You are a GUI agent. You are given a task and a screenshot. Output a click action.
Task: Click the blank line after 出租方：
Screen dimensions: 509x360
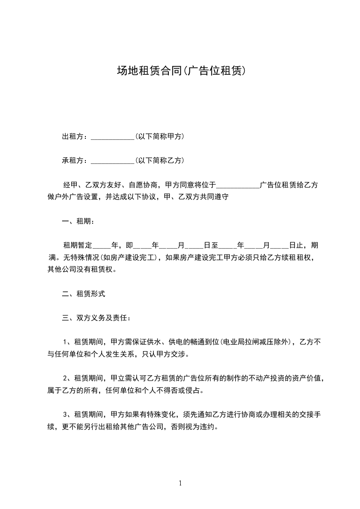tap(112, 137)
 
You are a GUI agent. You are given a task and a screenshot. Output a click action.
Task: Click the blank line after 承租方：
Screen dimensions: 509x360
tap(112, 161)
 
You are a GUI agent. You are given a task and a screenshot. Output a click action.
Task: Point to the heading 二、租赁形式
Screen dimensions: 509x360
tap(84, 294)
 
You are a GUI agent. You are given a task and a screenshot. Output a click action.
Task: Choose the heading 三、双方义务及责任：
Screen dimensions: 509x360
tap(97, 318)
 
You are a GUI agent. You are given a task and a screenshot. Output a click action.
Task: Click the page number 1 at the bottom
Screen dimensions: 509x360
tap(180, 483)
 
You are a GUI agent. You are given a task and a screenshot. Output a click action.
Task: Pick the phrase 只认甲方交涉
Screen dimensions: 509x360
tap(166, 354)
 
